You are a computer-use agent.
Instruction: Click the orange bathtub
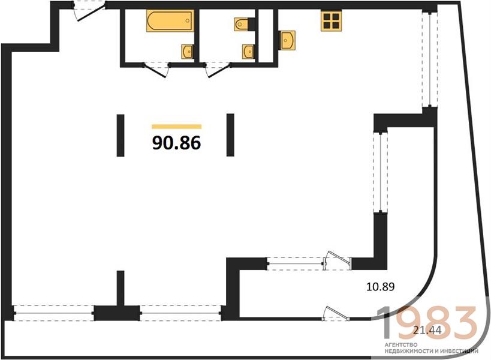point(170,20)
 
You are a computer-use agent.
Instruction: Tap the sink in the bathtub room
point(187,51)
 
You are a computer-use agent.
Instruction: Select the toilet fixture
point(241,24)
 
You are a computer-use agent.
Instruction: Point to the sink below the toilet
point(248,52)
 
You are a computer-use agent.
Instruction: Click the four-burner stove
point(331,20)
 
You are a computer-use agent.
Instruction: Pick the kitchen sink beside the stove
point(287,40)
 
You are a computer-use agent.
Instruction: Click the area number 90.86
point(177,143)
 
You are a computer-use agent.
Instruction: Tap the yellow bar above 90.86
point(177,127)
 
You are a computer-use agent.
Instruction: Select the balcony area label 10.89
point(381,286)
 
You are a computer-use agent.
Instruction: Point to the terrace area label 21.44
point(427,329)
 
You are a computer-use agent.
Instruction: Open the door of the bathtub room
point(156,69)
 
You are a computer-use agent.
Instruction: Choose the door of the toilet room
point(218,69)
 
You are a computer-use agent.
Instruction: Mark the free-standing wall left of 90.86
point(121,136)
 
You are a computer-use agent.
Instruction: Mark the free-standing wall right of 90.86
point(230,135)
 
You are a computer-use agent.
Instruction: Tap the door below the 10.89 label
point(337,314)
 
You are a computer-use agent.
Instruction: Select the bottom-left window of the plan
point(53,313)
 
